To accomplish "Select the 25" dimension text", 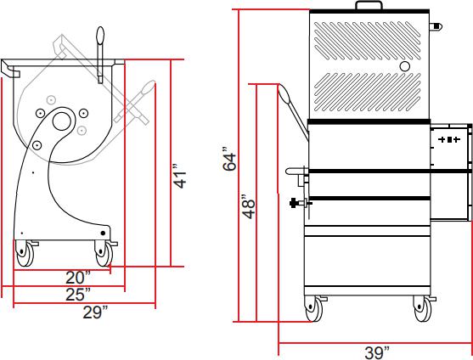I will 78,294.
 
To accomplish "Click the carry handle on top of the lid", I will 368,6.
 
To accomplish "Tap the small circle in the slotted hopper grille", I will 405,65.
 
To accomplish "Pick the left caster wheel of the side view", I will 25,252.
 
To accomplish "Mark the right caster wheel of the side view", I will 104,251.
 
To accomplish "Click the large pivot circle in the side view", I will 62,121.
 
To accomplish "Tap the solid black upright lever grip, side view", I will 100,40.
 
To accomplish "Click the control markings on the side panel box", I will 449,138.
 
